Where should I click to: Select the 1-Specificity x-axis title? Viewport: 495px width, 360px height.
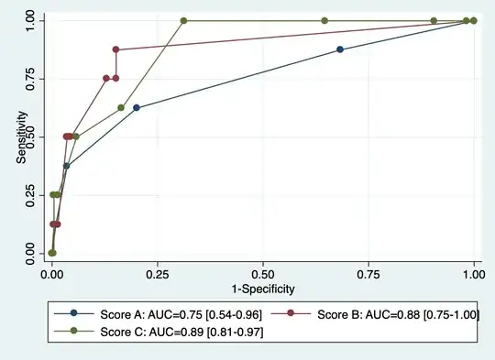262,289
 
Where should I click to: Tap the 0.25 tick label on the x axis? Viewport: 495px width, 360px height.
157,273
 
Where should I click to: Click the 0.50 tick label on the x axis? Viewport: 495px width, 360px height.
262,273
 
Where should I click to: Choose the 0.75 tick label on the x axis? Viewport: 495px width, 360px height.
368,273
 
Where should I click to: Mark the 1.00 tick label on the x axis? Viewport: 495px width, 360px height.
474,273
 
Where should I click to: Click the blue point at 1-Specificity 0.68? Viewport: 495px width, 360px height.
340,49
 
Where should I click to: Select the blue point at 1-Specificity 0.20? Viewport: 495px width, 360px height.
137,107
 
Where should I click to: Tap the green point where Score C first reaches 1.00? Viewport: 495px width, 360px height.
184,20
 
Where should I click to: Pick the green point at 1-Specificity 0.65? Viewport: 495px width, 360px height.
324,20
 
